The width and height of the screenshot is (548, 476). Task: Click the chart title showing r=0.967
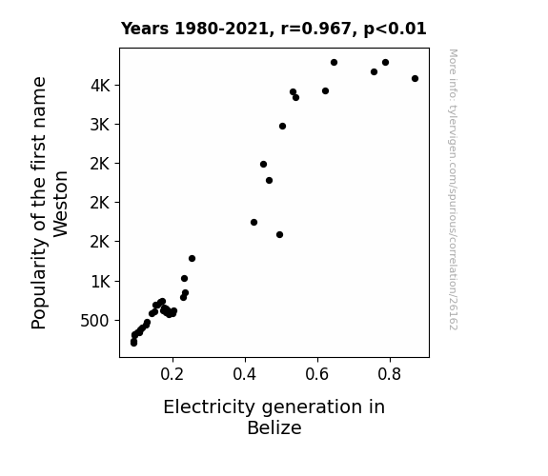(x=274, y=29)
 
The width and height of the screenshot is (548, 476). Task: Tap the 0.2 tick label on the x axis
(x=172, y=374)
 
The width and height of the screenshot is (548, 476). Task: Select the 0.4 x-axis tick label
(x=245, y=374)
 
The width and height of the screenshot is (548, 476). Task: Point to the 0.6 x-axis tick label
(x=317, y=374)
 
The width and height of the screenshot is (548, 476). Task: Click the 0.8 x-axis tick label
(x=390, y=374)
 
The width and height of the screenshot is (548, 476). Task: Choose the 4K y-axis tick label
(x=100, y=86)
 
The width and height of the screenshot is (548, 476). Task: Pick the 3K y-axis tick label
(x=100, y=125)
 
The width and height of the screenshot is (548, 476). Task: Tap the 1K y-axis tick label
(x=101, y=282)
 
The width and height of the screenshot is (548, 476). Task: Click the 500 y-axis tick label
(x=95, y=321)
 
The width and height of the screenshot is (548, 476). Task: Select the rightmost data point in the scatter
(x=415, y=79)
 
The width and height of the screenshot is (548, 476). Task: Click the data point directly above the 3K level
(x=282, y=126)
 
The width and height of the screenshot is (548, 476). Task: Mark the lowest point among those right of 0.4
(x=279, y=235)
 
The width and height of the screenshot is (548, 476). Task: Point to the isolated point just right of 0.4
(x=254, y=223)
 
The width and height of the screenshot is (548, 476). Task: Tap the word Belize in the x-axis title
(x=274, y=427)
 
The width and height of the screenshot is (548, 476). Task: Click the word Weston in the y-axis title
(x=60, y=204)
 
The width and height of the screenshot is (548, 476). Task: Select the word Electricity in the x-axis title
(x=210, y=407)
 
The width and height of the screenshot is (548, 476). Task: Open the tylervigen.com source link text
(x=453, y=189)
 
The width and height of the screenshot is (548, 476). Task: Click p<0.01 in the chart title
(x=396, y=29)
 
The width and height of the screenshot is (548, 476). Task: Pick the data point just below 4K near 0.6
(x=325, y=91)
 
